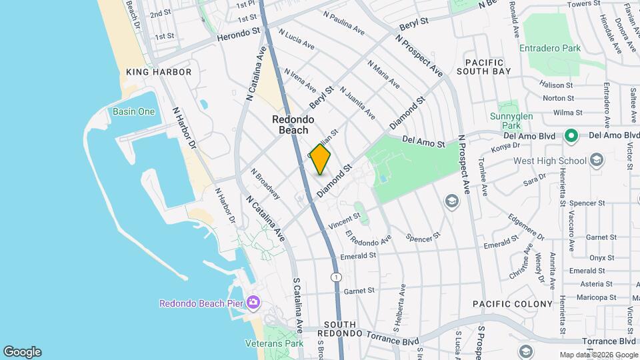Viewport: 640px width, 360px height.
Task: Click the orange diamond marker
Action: [x=321, y=159]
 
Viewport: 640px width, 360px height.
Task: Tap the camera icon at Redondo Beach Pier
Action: [x=253, y=303]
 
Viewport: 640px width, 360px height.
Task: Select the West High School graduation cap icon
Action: [x=596, y=160]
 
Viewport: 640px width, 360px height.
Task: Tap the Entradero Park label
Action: [x=551, y=48]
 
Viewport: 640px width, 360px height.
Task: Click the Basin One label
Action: [x=133, y=111]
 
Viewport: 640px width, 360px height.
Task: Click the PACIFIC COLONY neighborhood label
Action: [x=513, y=304]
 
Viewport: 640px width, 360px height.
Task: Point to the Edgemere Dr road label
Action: [x=526, y=227]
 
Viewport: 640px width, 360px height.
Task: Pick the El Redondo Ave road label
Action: [x=369, y=237]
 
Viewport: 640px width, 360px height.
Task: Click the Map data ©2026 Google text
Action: [x=598, y=355]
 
